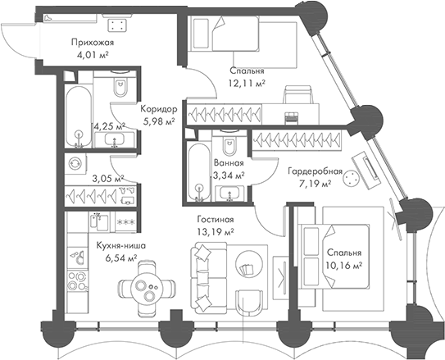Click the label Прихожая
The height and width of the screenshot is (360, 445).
tap(93, 43)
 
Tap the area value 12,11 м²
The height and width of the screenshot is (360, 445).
tap(247, 83)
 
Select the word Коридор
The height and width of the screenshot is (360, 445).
tap(159, 109)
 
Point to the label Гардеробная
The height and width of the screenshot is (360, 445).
tap(315, 171)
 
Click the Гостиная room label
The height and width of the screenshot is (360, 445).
tap(216, 220)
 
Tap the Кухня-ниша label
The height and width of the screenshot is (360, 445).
tap(121, 245)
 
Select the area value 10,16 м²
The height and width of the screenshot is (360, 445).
tap(343, 266)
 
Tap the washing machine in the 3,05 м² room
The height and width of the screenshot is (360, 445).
tap(75, 164)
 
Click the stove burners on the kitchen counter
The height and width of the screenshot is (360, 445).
tap(78, 280)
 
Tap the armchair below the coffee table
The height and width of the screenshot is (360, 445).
tap(249, 303)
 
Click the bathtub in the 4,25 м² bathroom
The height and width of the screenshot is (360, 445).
tap(79, 116)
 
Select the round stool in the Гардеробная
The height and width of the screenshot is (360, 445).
tap(351, 178)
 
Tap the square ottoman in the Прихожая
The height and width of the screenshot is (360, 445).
tap(117, 25)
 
